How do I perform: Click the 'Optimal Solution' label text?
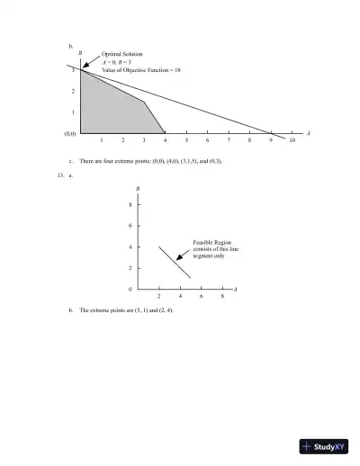tap(121, 55)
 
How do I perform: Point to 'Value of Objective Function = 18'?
tap(141, 69)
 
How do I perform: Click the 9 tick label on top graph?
tap(271, 142)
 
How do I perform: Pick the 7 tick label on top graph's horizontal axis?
tap(229, 142)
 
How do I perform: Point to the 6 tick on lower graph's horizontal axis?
tap(201, 296)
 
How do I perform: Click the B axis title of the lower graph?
tap(137, 188)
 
